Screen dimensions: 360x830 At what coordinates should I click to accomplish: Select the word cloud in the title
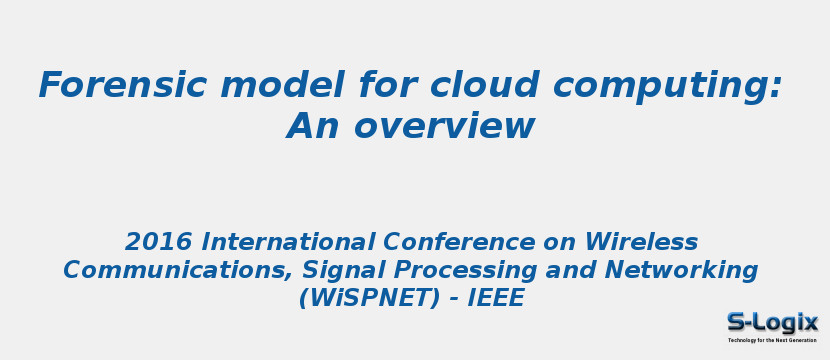(482, 86)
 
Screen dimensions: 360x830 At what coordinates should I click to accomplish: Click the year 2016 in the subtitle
(159, 242)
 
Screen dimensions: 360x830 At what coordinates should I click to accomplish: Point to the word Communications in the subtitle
(177, 270)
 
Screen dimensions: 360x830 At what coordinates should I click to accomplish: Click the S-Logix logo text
(772, 322)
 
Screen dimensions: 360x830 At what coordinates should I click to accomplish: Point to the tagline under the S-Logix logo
(772, 340)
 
